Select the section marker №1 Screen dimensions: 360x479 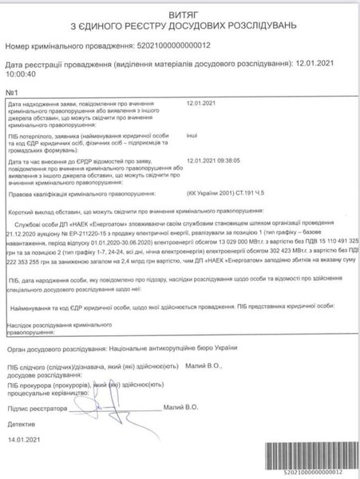tap(12, 93)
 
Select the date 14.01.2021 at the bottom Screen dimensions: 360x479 tap(24, 439)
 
